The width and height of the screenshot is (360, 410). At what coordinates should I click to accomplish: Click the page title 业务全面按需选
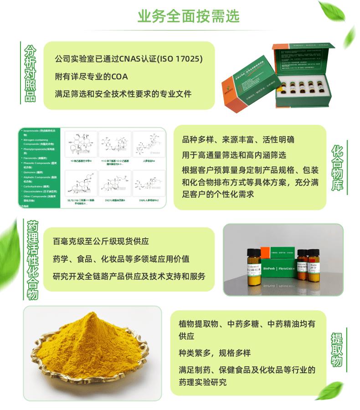click(x=188, y=16)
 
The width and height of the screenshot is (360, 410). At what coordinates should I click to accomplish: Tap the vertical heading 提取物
click(x=337, y=350)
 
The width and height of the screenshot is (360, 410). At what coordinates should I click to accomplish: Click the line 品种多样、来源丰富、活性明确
click(x=238, y=140)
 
